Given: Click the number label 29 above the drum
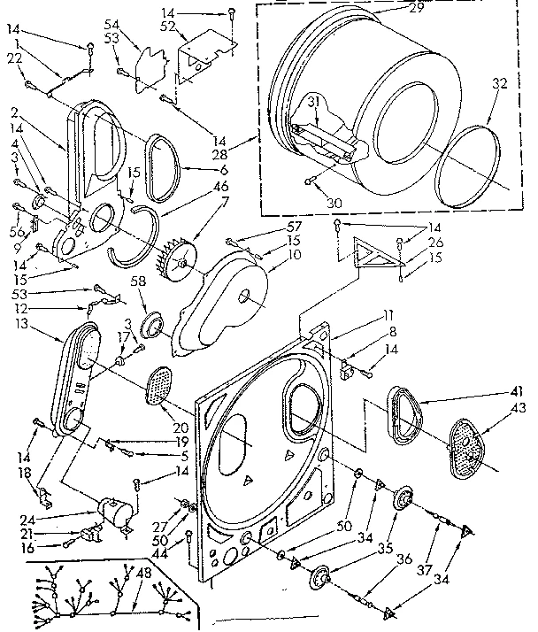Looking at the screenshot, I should [x=391, y=7].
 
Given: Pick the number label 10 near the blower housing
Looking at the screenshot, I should [x=269, y=254].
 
